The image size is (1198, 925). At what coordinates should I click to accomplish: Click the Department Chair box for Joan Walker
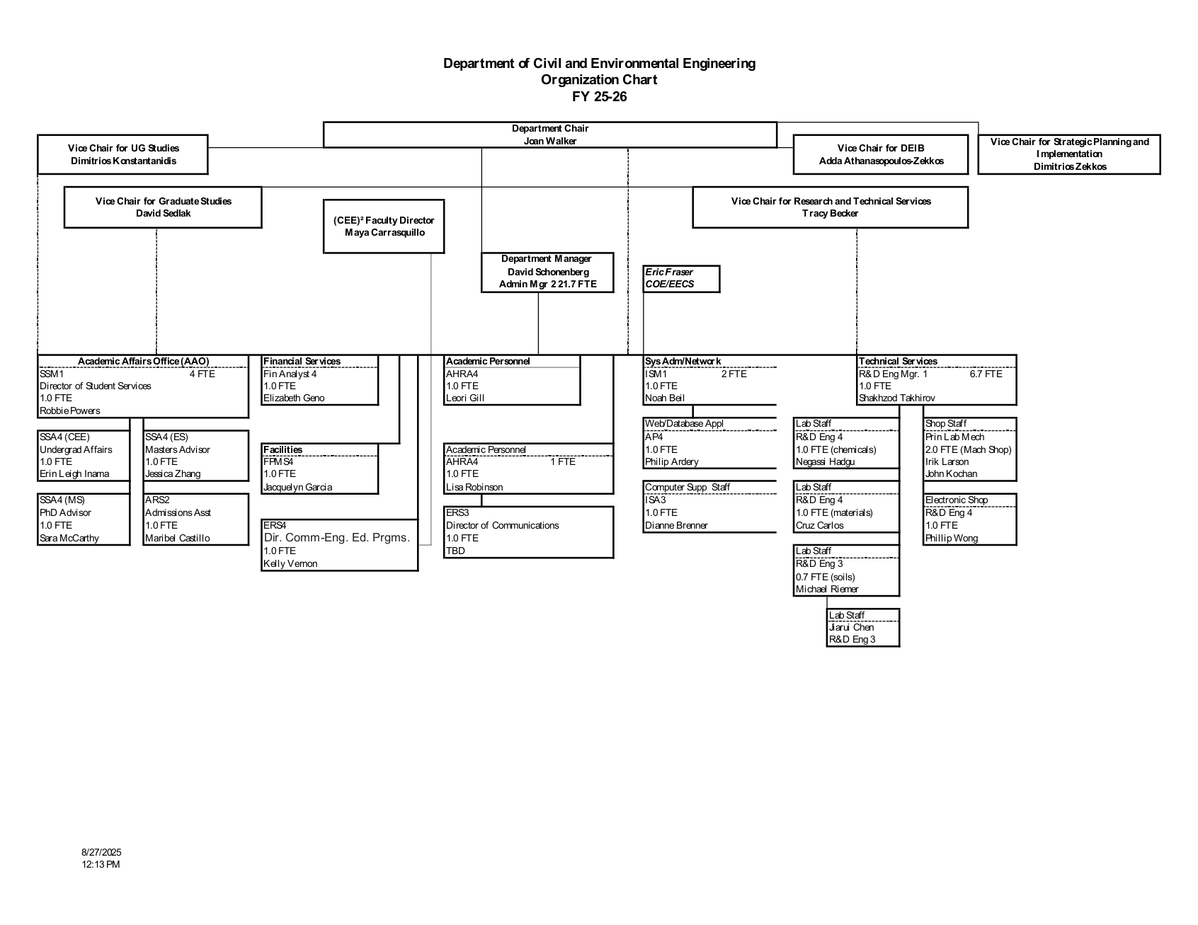click(x=549, y=134)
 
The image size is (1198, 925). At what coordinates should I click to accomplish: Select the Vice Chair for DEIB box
click(x=881, y=154)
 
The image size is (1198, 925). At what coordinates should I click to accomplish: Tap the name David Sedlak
click(x=163, y=214)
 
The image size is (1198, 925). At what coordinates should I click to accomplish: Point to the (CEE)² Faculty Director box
click(x=383, y=226)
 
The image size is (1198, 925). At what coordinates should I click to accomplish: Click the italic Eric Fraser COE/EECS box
click(x=680, y=278)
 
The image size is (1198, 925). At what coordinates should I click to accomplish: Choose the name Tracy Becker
click(x=830, y=214)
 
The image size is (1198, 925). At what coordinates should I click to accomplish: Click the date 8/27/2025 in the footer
click(x=101, y=852)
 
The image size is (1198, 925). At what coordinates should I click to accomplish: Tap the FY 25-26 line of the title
click(x=599, y=97)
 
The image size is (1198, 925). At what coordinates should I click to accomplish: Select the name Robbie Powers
click(x=70, y=411)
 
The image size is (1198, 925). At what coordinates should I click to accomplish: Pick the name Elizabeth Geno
click(x=294, y=398)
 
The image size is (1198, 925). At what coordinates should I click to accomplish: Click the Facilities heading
click(x=283, y=450)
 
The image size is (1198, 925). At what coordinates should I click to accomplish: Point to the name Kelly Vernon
click(x=290, y=564)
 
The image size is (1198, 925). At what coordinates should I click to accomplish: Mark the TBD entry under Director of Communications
click(x=455, y=551)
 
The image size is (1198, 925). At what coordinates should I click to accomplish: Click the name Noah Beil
click(x=665, y=398)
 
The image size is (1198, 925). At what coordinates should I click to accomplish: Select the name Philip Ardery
click(x=671, y=462)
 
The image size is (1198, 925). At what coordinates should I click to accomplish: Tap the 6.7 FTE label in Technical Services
click(x=986, y=374)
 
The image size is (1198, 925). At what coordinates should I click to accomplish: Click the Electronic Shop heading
click(x=957, y=500)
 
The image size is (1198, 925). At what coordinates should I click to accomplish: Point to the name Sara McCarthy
click(x=69, y=539)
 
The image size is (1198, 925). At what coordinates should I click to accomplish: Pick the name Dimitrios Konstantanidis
click(x=123, y=161)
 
